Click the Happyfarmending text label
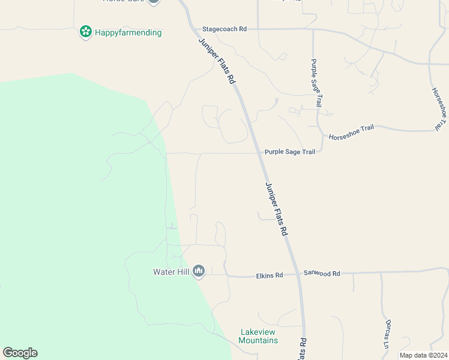[128, 32]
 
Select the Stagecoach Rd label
[224, 29]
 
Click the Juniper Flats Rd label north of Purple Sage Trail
[216, 58]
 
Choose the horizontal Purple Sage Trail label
[290, 152]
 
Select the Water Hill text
[171, 272]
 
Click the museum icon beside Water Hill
[199, 272]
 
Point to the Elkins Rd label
[269, 275]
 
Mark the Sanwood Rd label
[322, 274]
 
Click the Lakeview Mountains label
[258, 336]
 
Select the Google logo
[20, 353]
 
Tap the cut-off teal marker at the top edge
[154, 1]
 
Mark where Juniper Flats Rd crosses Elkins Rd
[298, 275]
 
